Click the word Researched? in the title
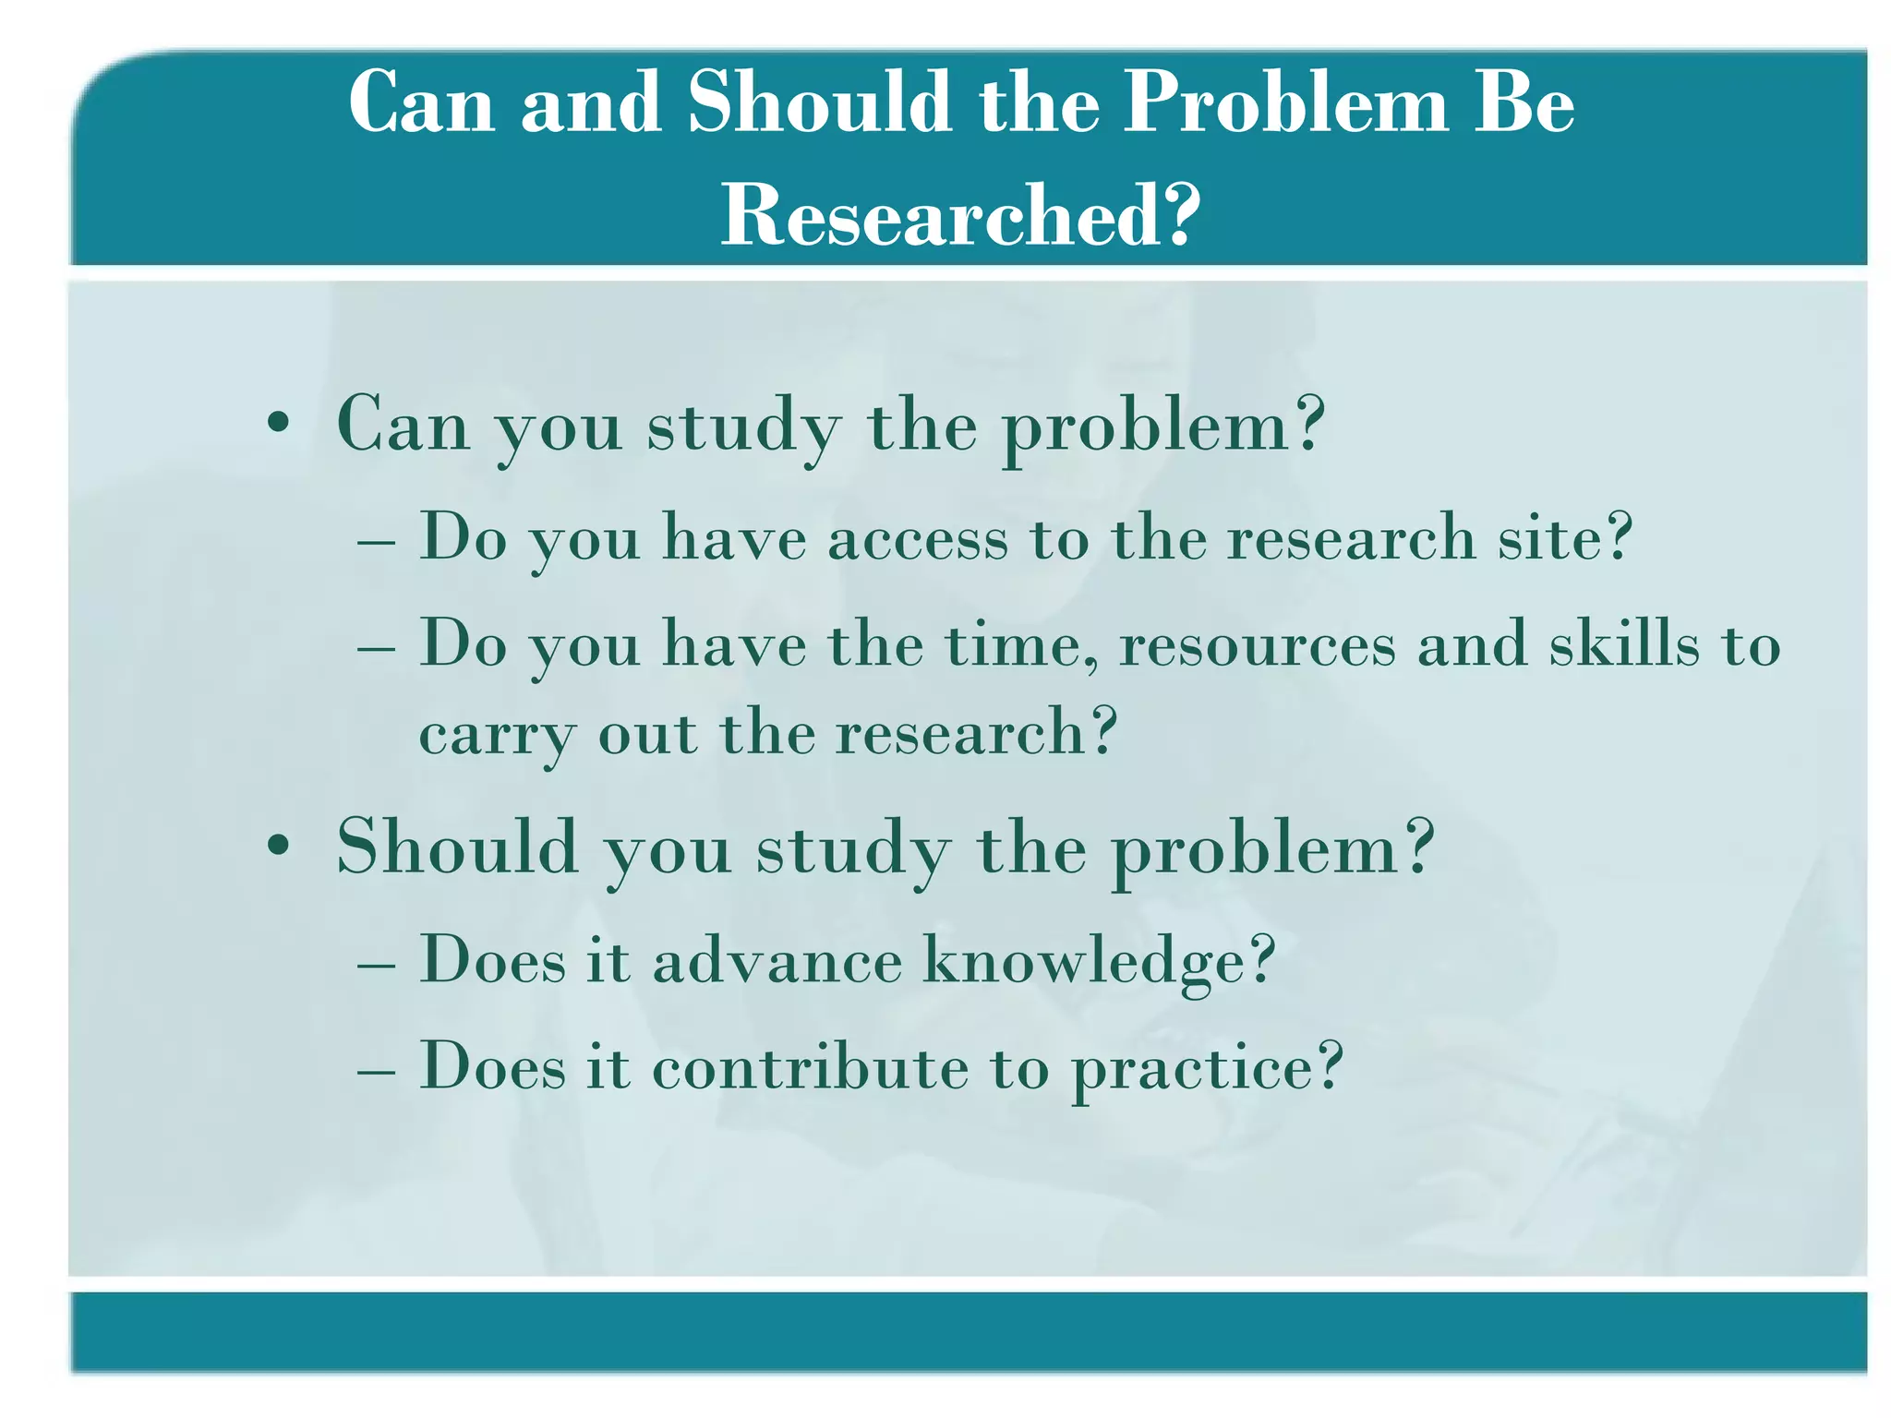coord(960,215)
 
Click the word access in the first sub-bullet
coord(918,538)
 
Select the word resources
coord(1257,644)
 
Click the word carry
coord(497,735)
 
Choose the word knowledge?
coord(1099,960)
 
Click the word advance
coord(777,960)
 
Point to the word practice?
coord(1207,1068)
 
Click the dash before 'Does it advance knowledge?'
coord(376,966)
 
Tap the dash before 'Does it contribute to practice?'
coord(376,1072)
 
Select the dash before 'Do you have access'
coord(376,542)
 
